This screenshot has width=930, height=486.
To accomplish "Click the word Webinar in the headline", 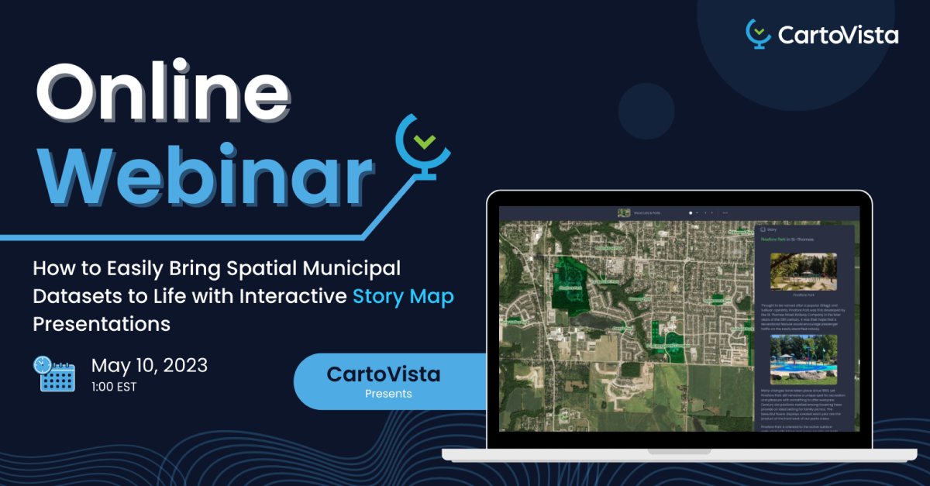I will point(205,172).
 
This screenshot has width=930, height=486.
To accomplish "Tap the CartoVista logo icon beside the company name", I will point(757,33).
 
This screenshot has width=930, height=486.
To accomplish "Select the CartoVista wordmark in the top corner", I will point(837,35).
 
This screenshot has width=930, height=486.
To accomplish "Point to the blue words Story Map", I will point(403,296).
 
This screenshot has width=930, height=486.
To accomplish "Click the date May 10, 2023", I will point(150,365).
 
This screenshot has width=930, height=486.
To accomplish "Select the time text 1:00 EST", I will point(114,386).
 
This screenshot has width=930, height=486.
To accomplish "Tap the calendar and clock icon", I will point(54,374).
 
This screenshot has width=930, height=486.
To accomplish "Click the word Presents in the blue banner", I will point(388,394).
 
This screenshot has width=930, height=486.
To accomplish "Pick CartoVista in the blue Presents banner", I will point(384,374).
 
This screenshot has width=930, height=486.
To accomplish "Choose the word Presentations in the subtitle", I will point(102,323).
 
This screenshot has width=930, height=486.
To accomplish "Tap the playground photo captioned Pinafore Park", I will point(803,271).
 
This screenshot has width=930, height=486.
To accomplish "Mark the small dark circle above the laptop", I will point(646,111).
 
